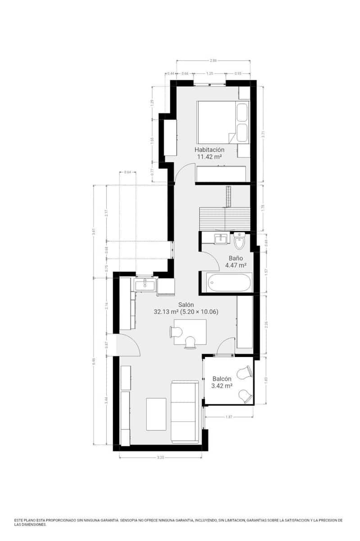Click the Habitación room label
coord(210,150)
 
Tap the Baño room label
coord(236,258)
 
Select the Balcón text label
coord(222,379)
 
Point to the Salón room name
coord(186,304)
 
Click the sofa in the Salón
coord(184,411)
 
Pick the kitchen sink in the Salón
coord(145,284)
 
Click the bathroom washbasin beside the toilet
coord(221,239)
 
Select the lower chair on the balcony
coord(245,395)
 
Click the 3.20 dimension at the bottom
coord(160,458)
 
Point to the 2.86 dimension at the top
coord(214,60)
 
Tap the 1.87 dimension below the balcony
coord(229,417)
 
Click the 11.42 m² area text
coord(210,157)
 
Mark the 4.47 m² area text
coord(236,266)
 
